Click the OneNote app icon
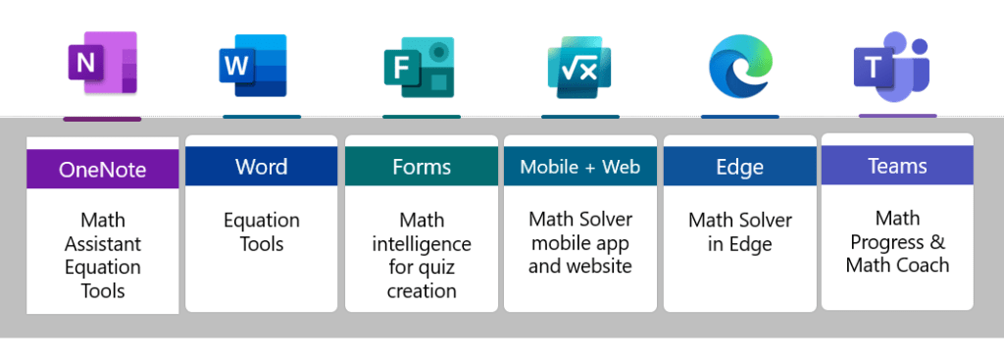point(102,64)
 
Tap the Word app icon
point(253,67)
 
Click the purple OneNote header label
point(103,170)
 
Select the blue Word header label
point(261,166)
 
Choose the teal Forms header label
point(422,166)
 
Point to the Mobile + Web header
point(580,166)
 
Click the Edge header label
point(739,167)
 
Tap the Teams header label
point(897,166)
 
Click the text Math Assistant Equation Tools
point(103,255)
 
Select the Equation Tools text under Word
point(261,231)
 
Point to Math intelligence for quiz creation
point(422,255)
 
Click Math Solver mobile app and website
point(580,242)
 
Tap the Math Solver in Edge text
point(739,231)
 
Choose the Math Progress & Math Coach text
point(897,241)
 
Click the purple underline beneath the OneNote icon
point(102,119)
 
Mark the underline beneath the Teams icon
point(897,115)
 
